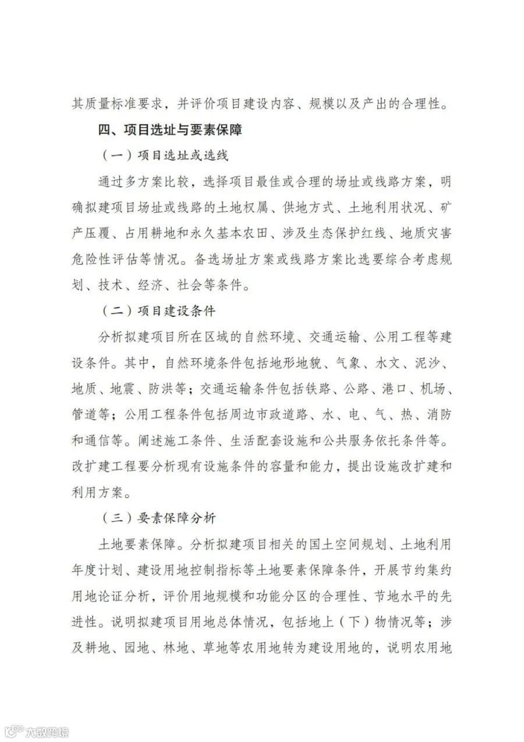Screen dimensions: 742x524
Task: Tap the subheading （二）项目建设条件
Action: (x=159, y=310)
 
